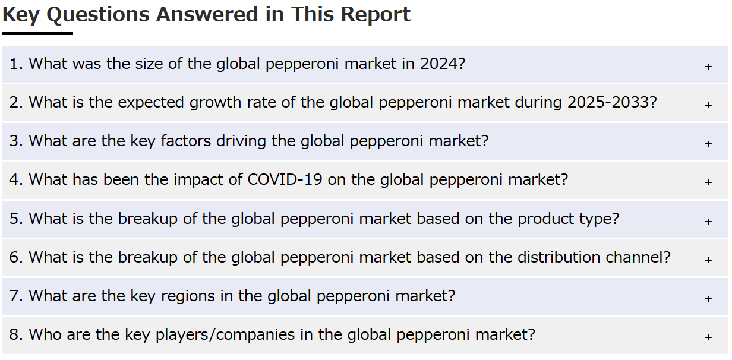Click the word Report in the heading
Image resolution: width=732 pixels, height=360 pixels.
coord(376,15)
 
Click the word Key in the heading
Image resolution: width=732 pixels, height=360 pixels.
coord(21,15)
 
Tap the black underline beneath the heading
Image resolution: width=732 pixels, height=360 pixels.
coord(37,33)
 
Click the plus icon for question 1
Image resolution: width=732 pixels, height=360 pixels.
coord(708,67)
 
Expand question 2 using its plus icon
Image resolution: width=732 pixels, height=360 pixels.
coord(708,105)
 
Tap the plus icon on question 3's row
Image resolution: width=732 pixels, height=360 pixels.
coord(708,144)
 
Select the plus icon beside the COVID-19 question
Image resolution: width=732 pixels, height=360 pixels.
coord(708,182)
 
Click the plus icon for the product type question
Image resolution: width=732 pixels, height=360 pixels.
coord(708,222)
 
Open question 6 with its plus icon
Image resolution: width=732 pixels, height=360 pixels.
coord(708,260)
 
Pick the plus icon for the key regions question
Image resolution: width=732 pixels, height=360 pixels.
coord(708,299)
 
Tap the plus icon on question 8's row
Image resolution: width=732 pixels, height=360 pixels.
coord(708,337)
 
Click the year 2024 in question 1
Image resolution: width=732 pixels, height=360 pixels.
coord(439,64)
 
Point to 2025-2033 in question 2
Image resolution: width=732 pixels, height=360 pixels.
coord(608,102)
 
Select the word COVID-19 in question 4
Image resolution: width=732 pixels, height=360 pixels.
coord(285,179)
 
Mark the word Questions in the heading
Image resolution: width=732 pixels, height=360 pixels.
coord(98,15)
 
